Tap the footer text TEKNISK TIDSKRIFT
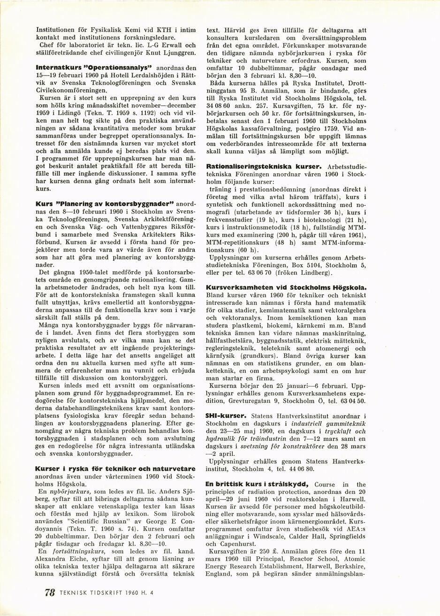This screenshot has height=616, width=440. pos(87,593)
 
